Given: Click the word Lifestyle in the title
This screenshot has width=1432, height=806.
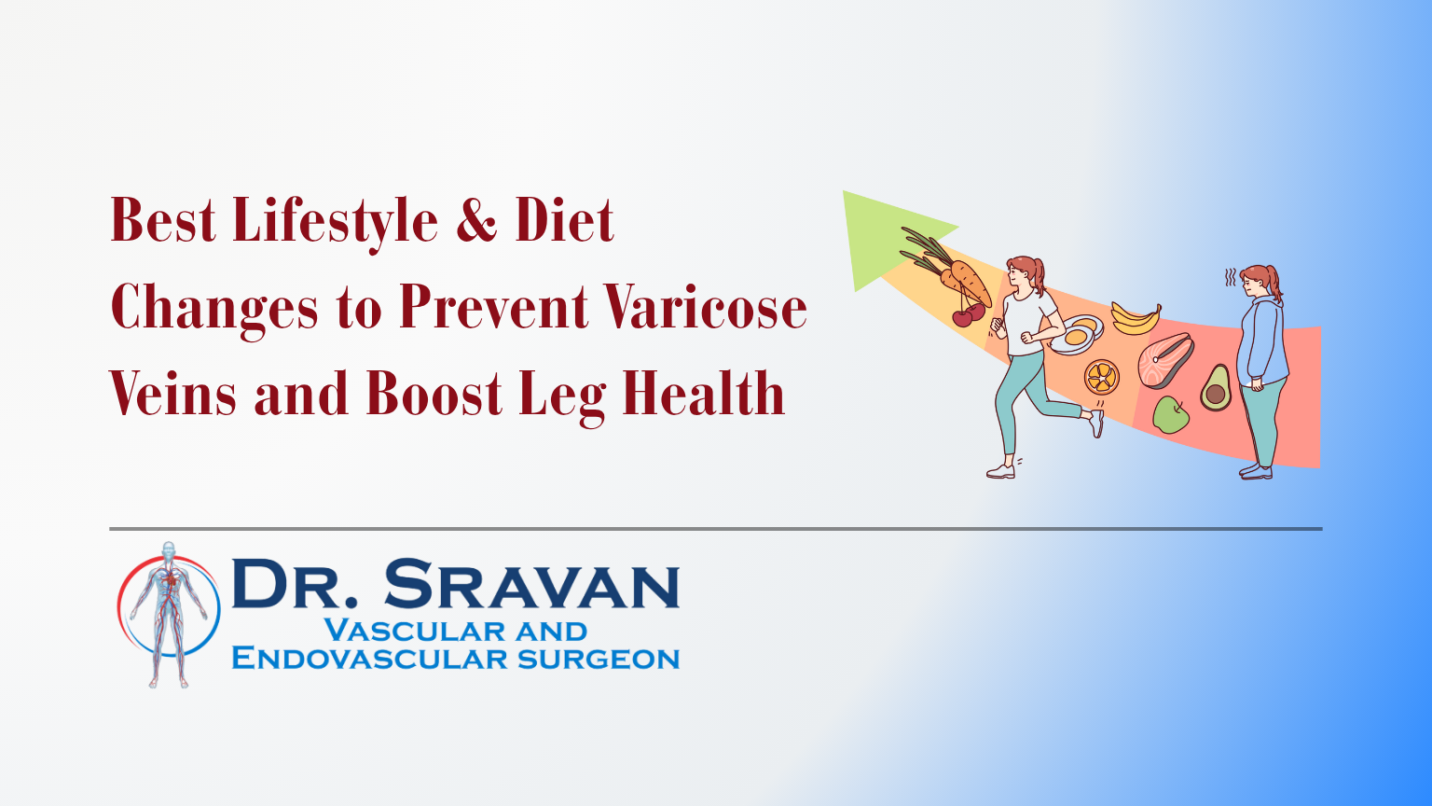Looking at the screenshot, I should tap(335, 222).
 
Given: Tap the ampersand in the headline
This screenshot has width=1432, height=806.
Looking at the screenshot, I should tap(476, 222).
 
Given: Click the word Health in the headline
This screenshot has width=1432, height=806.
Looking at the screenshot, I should tap(703, 394).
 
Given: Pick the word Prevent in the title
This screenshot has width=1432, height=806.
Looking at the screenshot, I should tap(493, 308).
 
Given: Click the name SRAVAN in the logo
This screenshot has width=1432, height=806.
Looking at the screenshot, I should tap(531, 586).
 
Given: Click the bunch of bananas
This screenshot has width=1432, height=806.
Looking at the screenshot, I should tap(1136, 317).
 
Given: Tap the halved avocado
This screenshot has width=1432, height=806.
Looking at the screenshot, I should tap(1215, 388).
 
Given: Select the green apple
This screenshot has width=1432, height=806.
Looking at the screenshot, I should tap(1170, 414).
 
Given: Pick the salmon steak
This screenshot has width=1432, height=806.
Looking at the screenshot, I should tap(1165, 360).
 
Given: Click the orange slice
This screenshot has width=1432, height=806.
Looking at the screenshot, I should tap(1101, 376).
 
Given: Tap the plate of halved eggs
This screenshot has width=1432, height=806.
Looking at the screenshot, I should tap(1078, 334).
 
